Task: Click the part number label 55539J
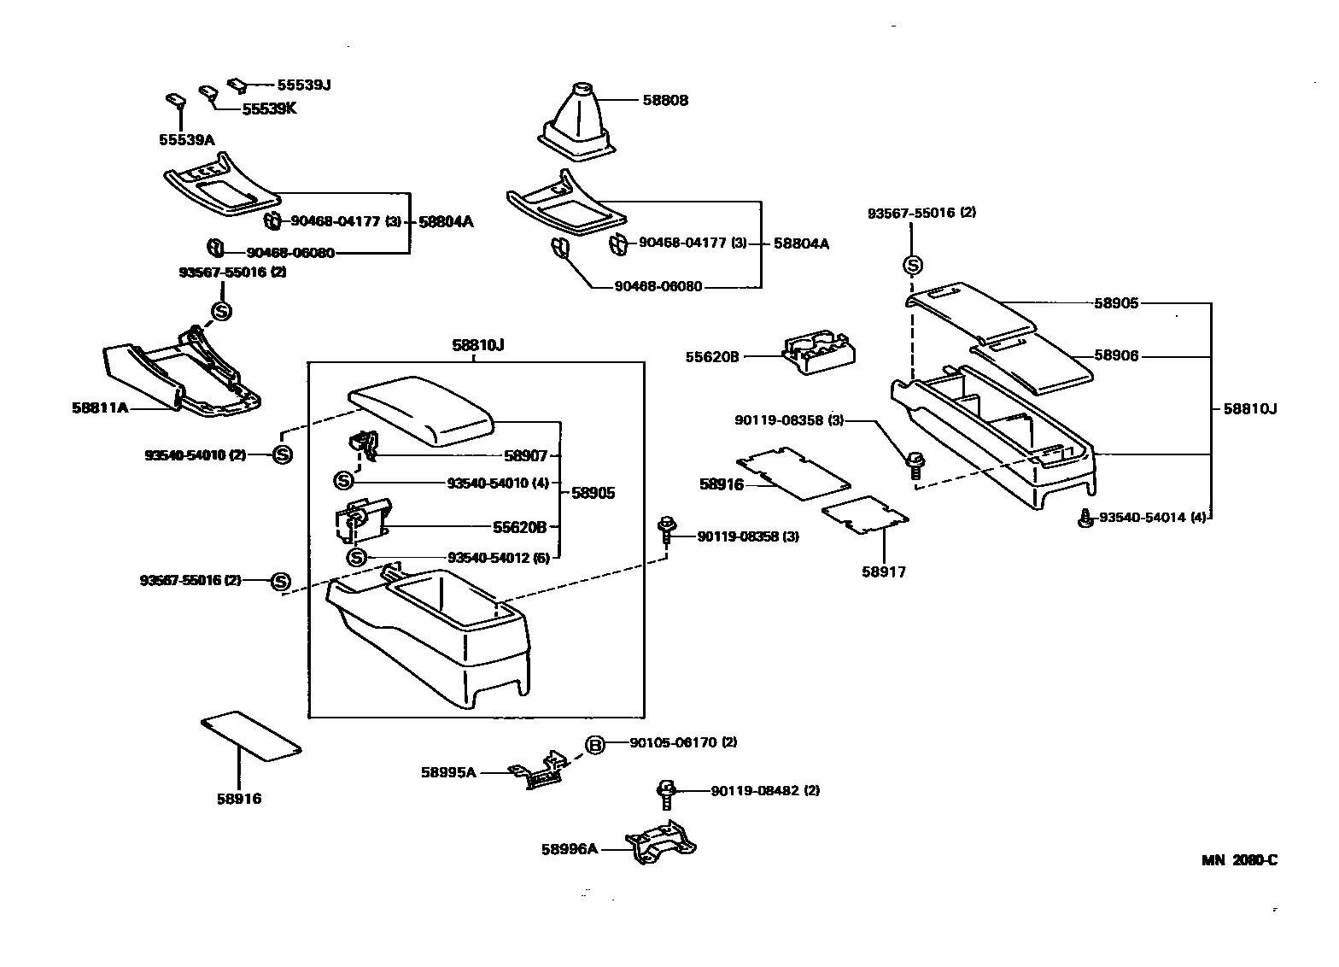[x=303, y=85]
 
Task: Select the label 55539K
[x=269, y=109]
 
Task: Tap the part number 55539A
[x=186, y=138]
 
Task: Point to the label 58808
[x=665, y=100]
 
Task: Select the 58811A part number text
[x=100, y=407]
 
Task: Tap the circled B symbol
[x=594, y=745]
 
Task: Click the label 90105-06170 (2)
[x=683, y=742]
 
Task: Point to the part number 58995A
[x=447, y=772]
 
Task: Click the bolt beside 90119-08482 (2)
[x=667, y=793]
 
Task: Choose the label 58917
[x=883, y=571]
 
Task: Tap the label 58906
[x=1116, y=356]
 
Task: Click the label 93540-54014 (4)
[x=1152, y=518]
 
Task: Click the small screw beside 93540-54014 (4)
[x=1085, y=518]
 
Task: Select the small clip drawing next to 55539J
[x=237, y=84]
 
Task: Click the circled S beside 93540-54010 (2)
[x=283, y=454]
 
